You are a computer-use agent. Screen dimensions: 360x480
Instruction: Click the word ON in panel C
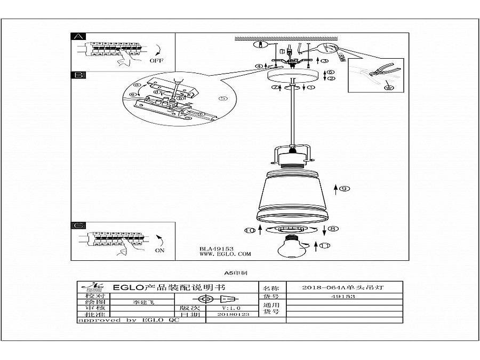[159, 250]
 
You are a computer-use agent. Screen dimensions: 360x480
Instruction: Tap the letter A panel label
[78, 37]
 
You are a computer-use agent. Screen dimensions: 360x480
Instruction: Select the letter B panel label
[78, 75]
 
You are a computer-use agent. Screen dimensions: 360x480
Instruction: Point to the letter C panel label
[78, 226]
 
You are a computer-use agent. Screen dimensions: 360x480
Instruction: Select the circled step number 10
[250, 230]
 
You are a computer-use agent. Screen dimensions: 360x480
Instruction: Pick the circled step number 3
[324, 61]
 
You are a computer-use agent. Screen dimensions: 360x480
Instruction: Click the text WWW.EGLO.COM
[225, 254]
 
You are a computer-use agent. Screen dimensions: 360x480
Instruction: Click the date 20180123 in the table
[234, 315]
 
